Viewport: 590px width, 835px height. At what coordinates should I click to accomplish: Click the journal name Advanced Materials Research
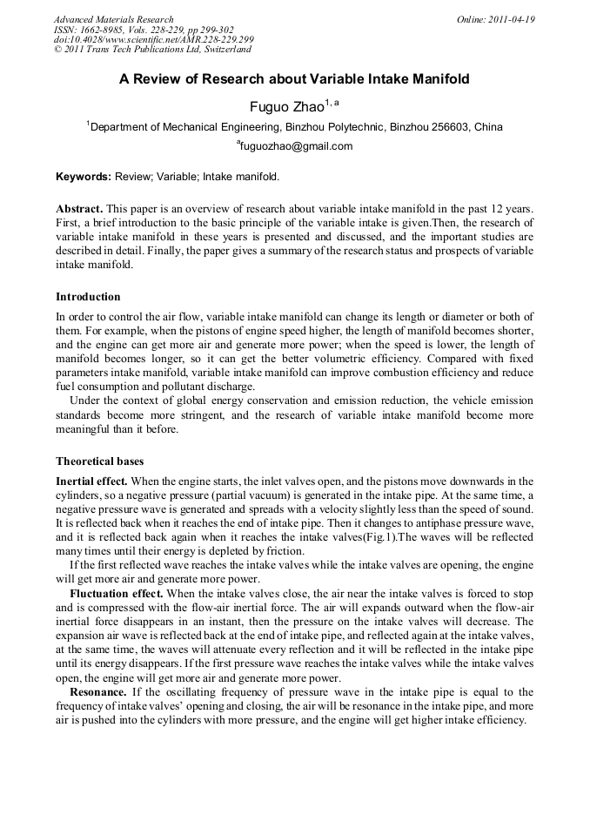point(113,19)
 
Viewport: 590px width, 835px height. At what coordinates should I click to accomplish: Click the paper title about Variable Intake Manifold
point(294,79)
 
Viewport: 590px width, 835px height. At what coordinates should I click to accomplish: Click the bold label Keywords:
point(84,177)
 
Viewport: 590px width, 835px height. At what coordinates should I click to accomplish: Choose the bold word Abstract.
point(79,211)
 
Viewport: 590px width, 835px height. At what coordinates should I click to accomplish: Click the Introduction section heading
point(89,296)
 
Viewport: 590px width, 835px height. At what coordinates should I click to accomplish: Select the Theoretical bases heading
point(100,461)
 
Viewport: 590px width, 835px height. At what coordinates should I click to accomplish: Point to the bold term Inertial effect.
point(91,481)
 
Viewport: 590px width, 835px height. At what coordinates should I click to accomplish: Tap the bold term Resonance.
point(97,692)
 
